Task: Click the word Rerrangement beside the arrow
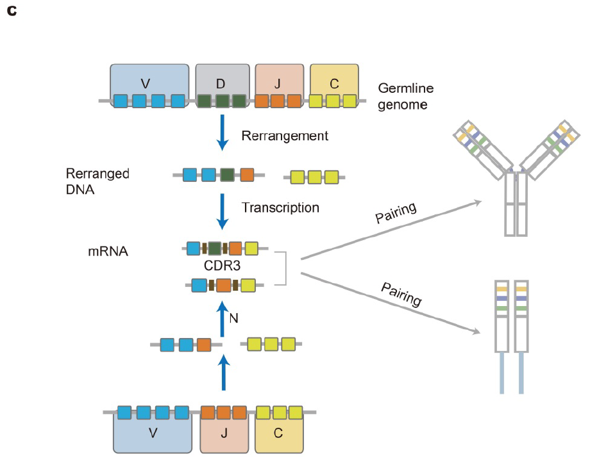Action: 285,136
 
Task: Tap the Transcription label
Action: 280,207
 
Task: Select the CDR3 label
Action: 222,264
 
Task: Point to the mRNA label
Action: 108,251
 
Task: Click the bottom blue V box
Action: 153,433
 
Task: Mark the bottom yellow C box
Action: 278,433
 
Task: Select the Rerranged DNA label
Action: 97,181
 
